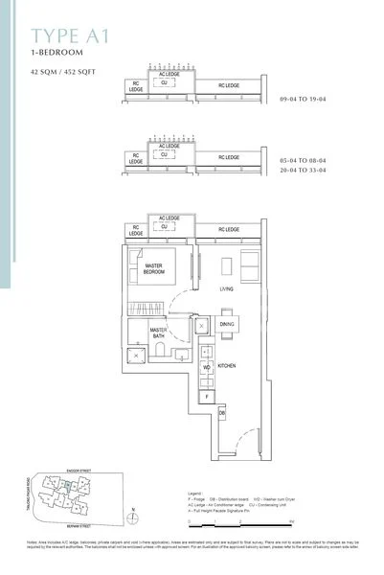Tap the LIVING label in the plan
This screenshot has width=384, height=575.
click(x=227, y=287)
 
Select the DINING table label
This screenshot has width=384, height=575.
click(x=227, y=324)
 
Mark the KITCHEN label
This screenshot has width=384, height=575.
click(x=227, y=366)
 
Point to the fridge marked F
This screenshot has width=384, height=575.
click(x=206, y=394)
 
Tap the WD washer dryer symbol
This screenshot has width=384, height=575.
click(x=206, y=367)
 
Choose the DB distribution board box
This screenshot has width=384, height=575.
click(x=221, y=412)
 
